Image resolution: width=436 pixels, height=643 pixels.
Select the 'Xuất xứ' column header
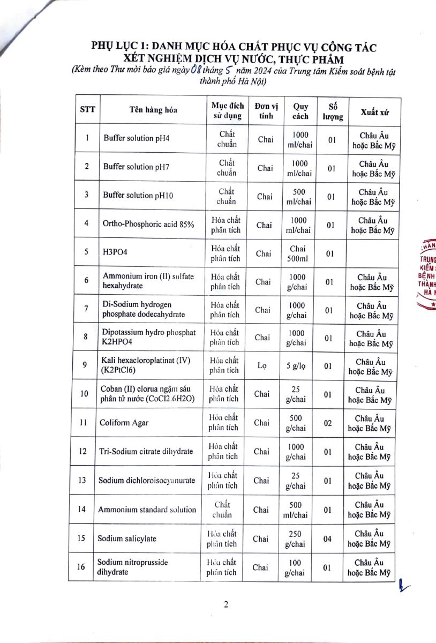point(374,112)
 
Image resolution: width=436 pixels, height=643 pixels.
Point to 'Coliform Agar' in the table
point(124,423)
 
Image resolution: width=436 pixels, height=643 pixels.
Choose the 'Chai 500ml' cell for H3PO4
point(297,253)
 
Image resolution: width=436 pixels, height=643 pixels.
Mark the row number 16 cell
point(82,567)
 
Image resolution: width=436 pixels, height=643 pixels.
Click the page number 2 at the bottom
point(226,605)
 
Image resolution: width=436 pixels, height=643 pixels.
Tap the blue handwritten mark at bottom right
point(401,588)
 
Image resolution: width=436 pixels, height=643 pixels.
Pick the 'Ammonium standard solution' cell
point(147,510)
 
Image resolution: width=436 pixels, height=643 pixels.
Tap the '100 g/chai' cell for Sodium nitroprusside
point(295,567)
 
